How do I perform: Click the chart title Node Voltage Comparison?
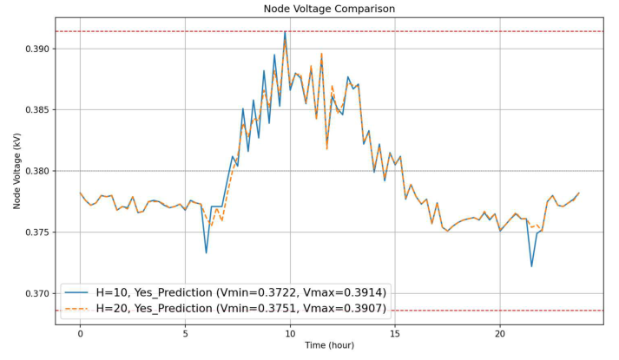click(329, 9)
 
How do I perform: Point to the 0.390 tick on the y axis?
click(35, 49)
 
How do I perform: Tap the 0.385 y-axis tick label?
click(35, 110)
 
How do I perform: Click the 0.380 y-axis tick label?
click(35, 171)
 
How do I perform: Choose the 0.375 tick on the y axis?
click(35, 232)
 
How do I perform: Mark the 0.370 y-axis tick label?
click(35, 294)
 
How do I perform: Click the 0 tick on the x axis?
click(80, 332)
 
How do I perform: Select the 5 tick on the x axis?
click(185, 332)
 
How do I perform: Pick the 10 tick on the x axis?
click(290, 332)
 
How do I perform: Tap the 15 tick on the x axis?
click(395, 332)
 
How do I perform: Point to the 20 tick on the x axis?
click(500, 332)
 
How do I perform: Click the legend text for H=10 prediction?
click(241, 291)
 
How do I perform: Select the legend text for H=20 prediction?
click(241, 308)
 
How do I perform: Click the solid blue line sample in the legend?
click(78, 291)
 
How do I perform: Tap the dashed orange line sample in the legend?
click(78, 308)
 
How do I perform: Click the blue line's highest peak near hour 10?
click(285, 32)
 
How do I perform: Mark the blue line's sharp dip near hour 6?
click(206, 252)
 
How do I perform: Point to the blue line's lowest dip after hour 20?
click(531, 265)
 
